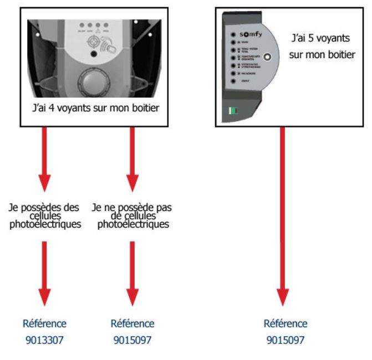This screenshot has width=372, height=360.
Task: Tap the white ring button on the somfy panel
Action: click(268, 57)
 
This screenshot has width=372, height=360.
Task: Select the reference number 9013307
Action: click(44, 340)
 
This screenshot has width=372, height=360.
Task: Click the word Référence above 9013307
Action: click(44, 323)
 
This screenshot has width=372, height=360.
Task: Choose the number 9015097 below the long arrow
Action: click(285, 340)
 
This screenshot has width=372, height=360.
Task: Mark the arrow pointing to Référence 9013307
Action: click(44, 274)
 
